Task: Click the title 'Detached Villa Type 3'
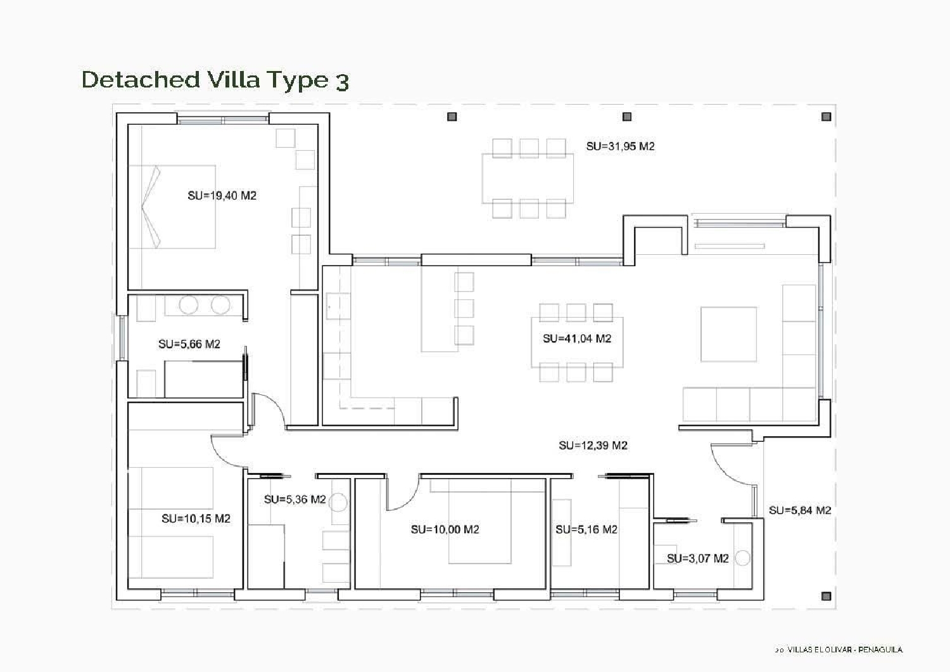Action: [215, 80]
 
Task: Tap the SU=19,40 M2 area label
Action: [222, 196]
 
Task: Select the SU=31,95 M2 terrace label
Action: [620, 146]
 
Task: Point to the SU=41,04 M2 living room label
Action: [577, 339]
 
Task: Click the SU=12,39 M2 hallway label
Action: [593, 446]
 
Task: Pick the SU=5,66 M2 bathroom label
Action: [189, 344]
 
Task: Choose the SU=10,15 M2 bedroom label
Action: [196, 519]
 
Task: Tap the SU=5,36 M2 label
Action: [294, 500]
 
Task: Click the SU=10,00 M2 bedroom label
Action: [445, 529]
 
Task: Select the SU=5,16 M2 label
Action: [586, 529]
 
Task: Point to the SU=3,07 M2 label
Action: [697, 559]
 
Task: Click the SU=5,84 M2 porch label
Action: [800, 510]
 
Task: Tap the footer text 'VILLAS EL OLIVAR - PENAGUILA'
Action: [842, 650]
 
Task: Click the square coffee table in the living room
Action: [728, 334]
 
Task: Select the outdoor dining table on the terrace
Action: [528, 178]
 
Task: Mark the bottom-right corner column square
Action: [826, 596]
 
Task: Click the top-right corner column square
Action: [826, 117]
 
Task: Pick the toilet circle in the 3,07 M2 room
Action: [742, 559]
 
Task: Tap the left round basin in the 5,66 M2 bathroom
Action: [188, 305]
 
